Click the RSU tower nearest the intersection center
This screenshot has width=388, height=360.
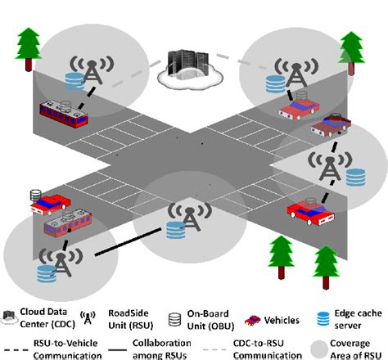pyautogui.click(x=178, y=215)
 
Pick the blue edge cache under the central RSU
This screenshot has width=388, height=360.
pyautogui.click(x=174, y=232)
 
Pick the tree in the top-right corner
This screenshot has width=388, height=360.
pyautogui.click(x=351, y=47)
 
